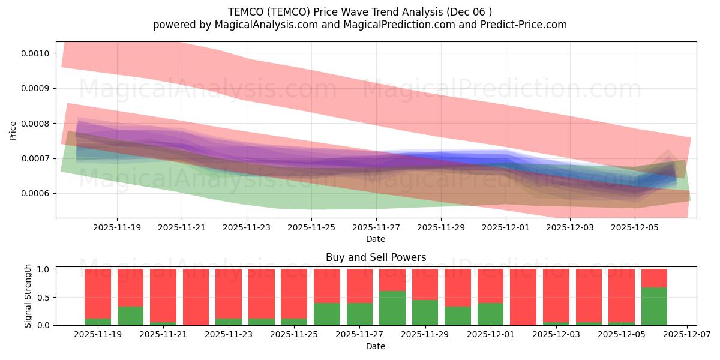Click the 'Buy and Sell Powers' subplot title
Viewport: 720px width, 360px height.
[376, 257]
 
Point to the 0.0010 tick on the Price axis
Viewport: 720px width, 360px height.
[37, 53]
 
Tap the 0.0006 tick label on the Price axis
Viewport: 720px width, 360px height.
[37, 194]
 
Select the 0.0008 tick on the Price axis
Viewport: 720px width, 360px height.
[37, 124]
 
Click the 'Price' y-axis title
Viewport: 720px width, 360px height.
[13, 130]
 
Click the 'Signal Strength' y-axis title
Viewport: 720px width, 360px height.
[29, 296]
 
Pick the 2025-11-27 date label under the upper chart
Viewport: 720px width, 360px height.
[376, 228]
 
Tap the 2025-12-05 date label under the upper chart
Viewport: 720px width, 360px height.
[635, 228]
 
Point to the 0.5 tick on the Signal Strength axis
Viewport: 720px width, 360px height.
[44, 298]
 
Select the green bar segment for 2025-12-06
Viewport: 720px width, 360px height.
[654, 306]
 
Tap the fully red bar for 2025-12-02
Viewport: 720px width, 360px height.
[523, 297]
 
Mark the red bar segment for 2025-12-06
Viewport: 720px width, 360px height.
[654, 278]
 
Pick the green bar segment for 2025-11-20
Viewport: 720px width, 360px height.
[130, 316]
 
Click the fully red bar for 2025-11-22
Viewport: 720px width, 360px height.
[196, 297]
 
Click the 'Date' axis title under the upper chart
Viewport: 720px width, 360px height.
[376, 239]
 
